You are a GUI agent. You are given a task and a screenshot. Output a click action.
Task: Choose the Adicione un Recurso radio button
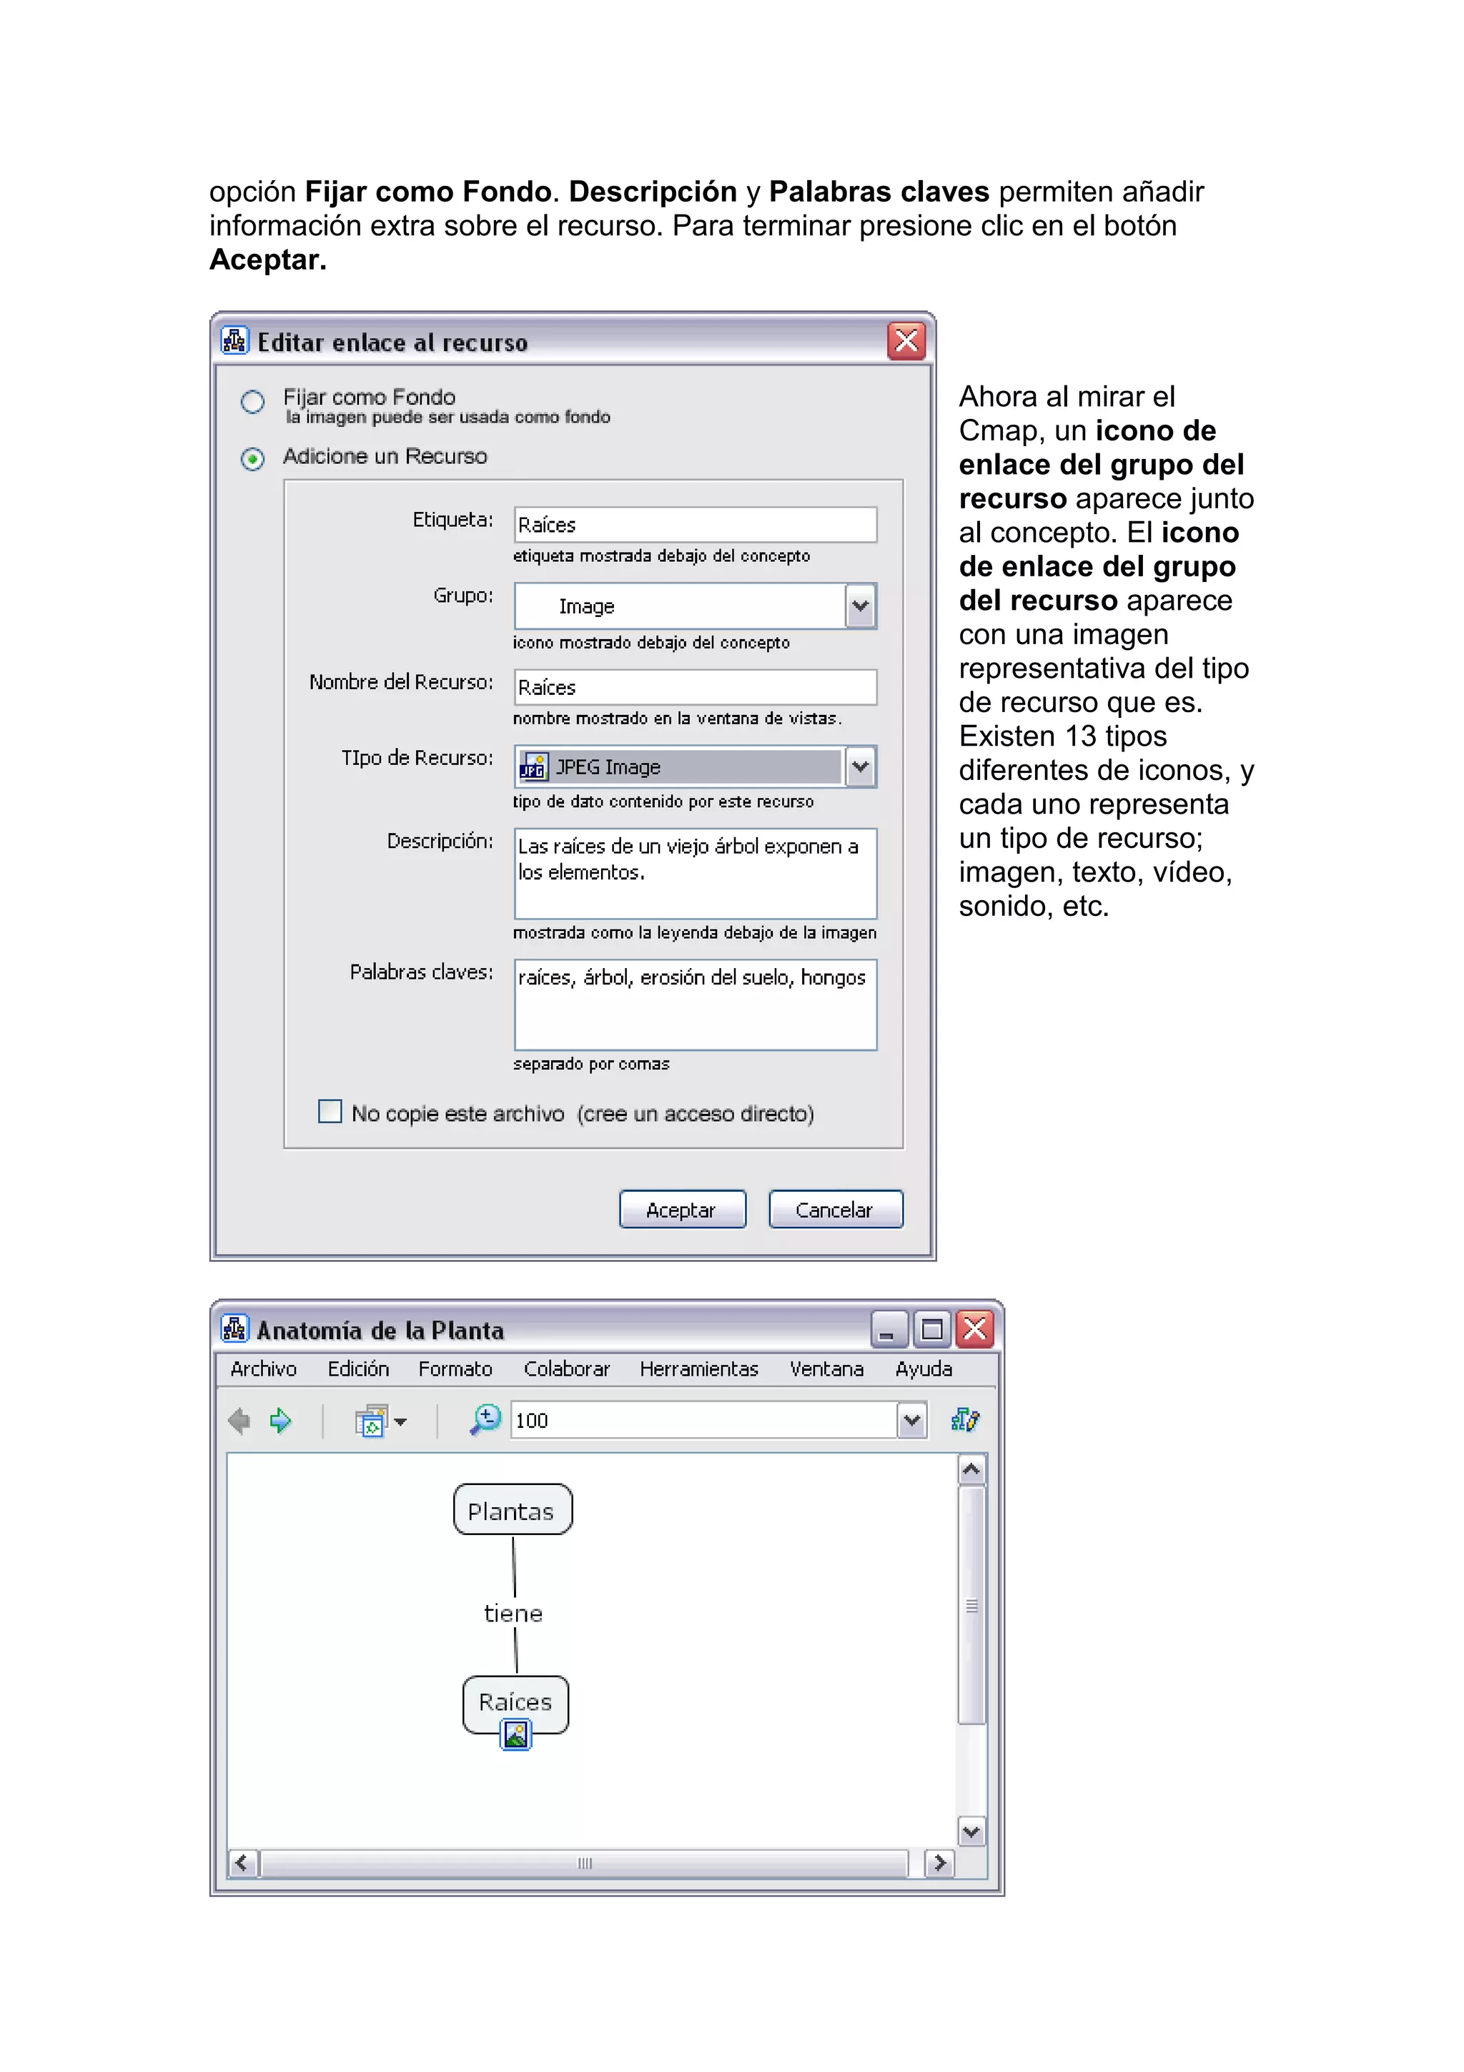click(252, 459)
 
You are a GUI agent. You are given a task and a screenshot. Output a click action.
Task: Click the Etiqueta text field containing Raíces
click(695, 524)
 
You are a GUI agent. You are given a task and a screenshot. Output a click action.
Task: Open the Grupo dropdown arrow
click(861, 606)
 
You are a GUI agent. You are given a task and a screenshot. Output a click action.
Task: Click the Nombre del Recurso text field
click(695, 687)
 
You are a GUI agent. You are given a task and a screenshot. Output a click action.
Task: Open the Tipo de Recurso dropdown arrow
click(861, 767)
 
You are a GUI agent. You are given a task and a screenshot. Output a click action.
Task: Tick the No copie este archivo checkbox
click(330, 1111)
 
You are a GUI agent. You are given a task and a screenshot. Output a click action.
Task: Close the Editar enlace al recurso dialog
click(906, 341)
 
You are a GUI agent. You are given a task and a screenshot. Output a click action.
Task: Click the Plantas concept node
click(513, 1511)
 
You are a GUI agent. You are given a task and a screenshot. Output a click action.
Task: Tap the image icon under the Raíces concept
click(516, 1735)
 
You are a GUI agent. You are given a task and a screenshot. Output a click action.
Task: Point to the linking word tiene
click(513, 1614)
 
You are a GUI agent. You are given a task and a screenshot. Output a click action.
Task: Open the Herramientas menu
click(699, 1369)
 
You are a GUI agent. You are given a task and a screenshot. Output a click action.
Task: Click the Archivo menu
click(263, 1369)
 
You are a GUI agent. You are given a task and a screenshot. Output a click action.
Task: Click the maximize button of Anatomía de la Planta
click(932, 1329)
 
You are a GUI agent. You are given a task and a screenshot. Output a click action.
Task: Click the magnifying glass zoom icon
click(485, 1419)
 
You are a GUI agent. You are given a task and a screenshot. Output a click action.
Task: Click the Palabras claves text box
click(695, 1005)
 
